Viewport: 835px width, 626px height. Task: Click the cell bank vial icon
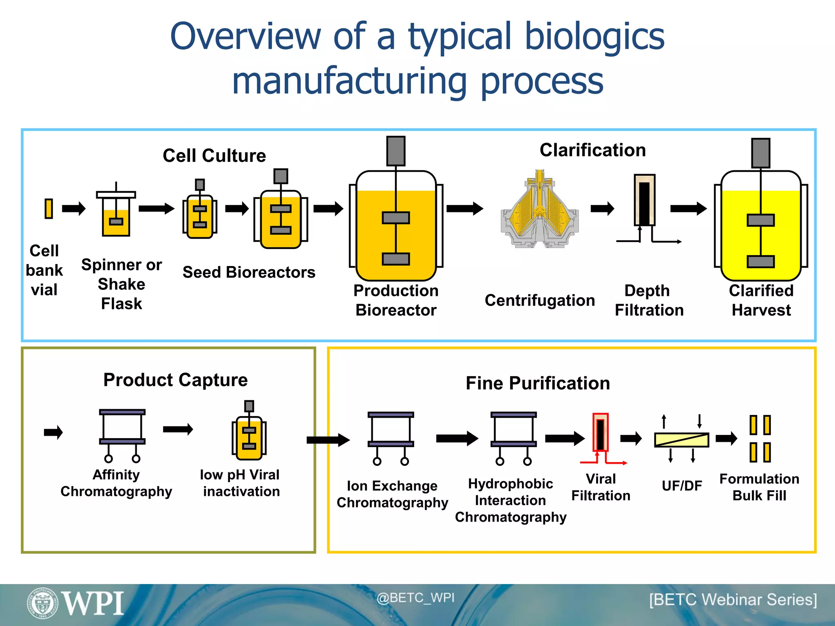point(49,209)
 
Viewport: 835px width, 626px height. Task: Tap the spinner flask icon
point(116,214)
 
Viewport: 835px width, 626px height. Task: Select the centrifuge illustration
point(539,210)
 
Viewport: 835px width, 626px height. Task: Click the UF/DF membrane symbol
point(681,440)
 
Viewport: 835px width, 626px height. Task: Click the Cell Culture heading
point(214,156)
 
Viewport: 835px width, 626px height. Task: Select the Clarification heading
point(592,150)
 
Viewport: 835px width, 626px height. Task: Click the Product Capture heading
point(175,380)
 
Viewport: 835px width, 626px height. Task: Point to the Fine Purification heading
point(537,383)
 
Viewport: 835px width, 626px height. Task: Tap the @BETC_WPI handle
point(415,598)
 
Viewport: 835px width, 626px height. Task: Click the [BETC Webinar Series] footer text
point(733,600)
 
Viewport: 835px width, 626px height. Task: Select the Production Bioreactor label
point(396,300)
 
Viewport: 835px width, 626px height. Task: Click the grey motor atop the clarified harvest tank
point(761,153)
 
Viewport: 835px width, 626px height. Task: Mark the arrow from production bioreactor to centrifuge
point(464,209)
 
